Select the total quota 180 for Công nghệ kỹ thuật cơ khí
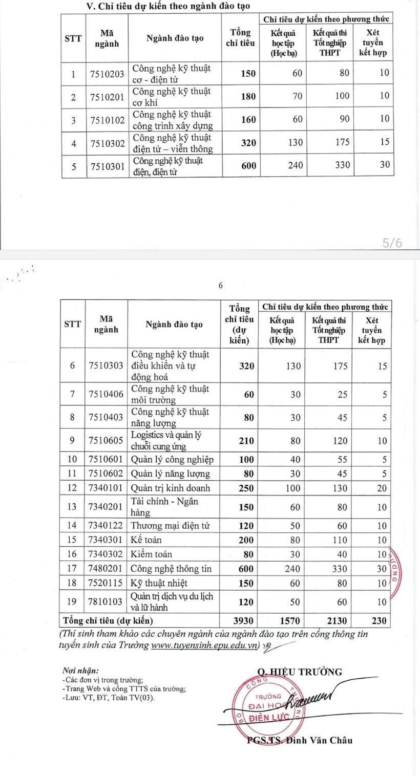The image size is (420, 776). (x=248, y=96)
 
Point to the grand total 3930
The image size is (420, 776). (x=243, y=621)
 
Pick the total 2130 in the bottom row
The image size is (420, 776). (x=337, y=621)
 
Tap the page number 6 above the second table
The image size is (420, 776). (x=221, y=286)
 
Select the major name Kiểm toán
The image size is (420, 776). (x=152, y=554)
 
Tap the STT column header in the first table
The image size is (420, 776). (x=73, y=39)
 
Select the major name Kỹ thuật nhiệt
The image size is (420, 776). (x=159, y=583)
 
